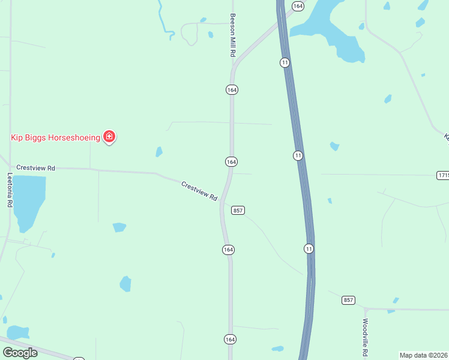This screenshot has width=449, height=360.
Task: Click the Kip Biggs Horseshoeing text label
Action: (55, 137)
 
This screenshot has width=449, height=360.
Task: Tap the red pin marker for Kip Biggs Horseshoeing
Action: (109, 137)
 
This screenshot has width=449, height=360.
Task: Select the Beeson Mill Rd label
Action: (232, 35)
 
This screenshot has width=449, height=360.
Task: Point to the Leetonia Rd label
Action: (10, 190)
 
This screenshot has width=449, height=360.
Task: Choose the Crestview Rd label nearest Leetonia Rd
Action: (35, 168)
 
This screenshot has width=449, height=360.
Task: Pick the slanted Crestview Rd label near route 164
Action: (199, 191)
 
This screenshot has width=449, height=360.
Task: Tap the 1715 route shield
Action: (443, 175)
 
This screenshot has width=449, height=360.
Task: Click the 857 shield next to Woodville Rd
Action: (348, 299)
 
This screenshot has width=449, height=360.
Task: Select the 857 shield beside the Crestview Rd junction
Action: (238, 210)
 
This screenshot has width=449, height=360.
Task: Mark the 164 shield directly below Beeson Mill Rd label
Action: (232, 89)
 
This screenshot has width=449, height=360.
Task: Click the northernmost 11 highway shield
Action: (285, 62)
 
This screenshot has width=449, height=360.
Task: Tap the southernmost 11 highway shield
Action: (309, 248)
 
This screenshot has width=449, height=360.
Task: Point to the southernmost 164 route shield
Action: (230, 339)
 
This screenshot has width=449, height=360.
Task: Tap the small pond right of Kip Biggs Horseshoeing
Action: (158, 152)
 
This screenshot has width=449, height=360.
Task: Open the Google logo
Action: (20, 352)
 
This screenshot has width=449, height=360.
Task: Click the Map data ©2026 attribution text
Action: (423, 355)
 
